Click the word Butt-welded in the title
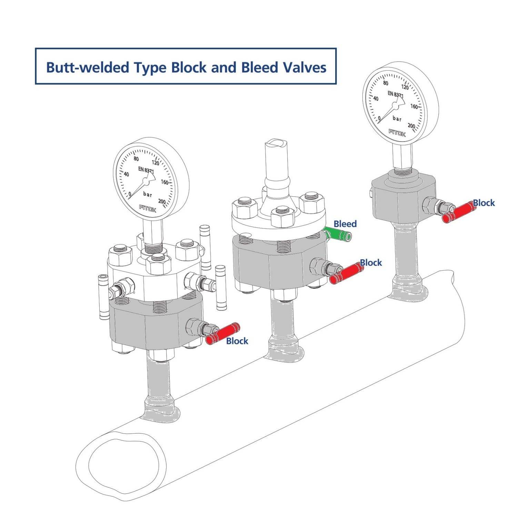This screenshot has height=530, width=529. tap(87, 68)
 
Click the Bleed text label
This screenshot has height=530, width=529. tap(345, 224)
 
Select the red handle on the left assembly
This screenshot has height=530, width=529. tap(222, 333)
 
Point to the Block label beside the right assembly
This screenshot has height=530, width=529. tap(483, 203)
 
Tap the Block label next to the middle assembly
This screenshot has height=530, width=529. tap(371, 263)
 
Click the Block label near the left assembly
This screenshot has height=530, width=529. tap(237, 341)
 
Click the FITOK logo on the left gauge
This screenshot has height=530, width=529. tap(147, 208)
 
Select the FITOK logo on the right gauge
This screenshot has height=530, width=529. tap(397, 133)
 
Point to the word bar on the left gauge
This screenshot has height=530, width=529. tap(148, 195)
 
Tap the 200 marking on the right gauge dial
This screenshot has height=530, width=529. tap(411, 126)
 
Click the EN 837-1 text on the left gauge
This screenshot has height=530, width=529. tap(146, 170)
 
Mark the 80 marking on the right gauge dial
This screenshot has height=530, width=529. tap(386, 83)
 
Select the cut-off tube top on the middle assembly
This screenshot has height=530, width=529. tap(276, 143)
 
